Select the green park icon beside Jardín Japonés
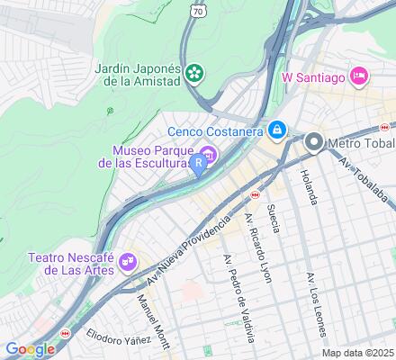(194, 73)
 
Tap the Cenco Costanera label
(213, 132)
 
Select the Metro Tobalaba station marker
(314, 141)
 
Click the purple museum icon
(209, 156)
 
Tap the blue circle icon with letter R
(196, 163)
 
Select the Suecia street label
(274, 219)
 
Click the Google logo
(30, 349)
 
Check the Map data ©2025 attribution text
(357, 353)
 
